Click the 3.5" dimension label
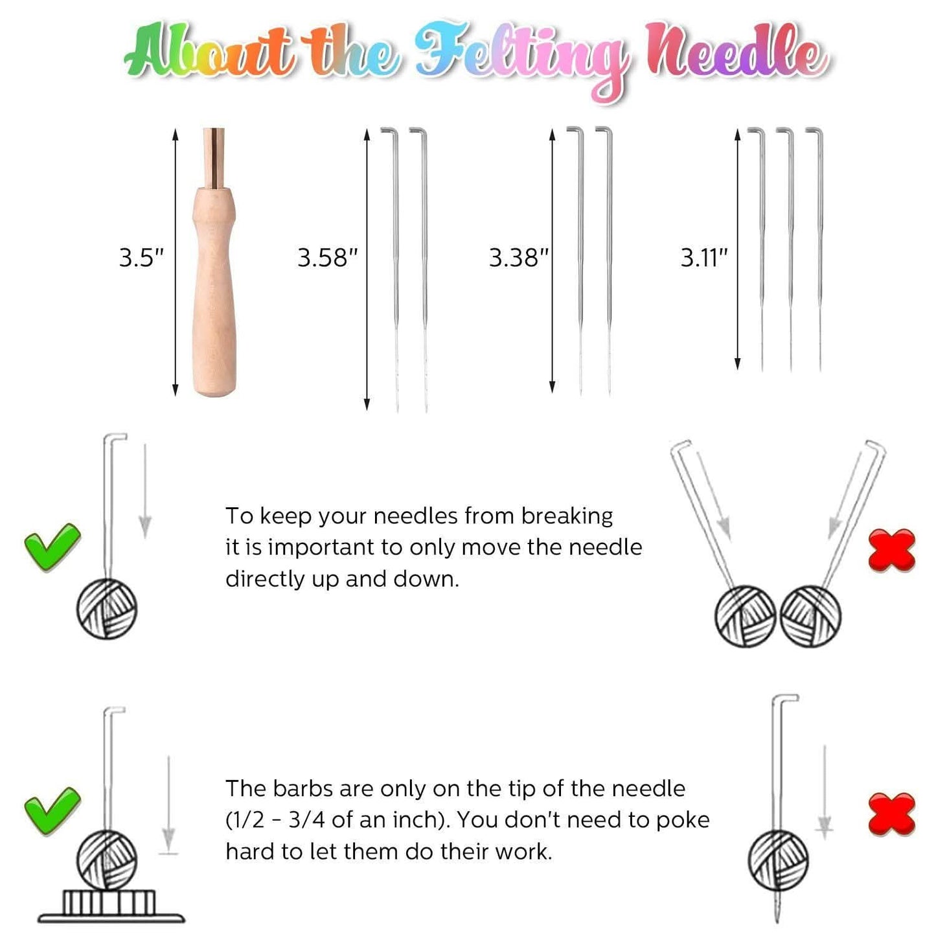(141, 257)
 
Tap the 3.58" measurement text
(327, 257)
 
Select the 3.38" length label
(518, 257)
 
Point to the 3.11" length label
(704, 257)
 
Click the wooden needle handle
(214, 291)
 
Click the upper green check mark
(52, 547)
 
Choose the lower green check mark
(52, 811)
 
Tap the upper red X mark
(891, 550)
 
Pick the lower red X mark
(891, 814)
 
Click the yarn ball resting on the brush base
(107, 860)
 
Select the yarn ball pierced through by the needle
(778, 860)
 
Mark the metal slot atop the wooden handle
(214, 158)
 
